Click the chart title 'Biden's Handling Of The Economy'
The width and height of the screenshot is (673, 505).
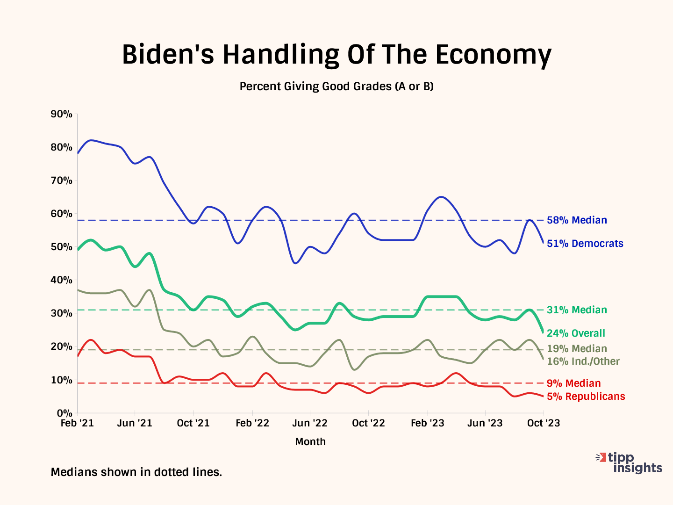[x=336, y=55]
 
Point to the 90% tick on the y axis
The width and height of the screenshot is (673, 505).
[x=62, y=114]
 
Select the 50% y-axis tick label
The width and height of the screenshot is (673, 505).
[x=62, y=247]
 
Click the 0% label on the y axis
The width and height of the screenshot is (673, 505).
[x=64, y=413]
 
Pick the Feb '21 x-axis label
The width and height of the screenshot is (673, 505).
[x=78, y=423]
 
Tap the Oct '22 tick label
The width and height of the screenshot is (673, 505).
[x=368, y=423]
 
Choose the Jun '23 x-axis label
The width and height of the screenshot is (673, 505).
[x=485, y=423]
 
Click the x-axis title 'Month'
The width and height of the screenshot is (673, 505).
[x=310, y=442]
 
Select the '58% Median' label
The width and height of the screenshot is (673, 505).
[x=577, y=220]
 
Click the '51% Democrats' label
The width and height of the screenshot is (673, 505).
[x=585, y=244]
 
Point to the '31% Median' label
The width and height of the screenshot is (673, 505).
[x=577, y=310]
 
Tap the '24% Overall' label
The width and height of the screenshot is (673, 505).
[x=576, y=333]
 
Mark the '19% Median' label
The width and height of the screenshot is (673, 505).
[x=577, y=349]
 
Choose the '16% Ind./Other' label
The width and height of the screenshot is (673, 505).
[x=583, y=361]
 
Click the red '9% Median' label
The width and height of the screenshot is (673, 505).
[x=573, y=383]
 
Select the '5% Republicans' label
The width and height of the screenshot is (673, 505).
[x=586, y=397]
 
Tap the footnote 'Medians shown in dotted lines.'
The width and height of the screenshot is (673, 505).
[x=136, y=472]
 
